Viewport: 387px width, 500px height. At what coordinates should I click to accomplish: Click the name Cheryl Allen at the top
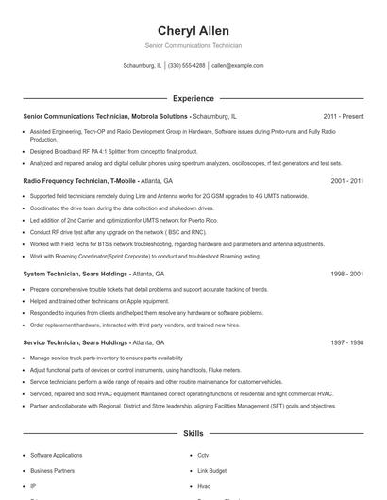pyautogui.click(x=193, y=31)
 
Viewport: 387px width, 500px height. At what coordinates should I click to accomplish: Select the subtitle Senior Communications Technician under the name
pyautogui.click(x=193, y=45)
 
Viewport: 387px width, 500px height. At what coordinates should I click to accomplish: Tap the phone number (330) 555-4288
pyautogui.click(x=186, y=66)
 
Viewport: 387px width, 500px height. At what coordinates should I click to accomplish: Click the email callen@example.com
pyautogui.click(x=237, y=66)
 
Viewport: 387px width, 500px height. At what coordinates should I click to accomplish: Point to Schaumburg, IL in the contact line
pyautogui.click(x=143, y=66)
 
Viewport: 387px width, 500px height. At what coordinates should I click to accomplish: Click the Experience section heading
pyautogui.click(x=193, y=98)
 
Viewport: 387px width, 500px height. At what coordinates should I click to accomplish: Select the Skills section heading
pyautogui.click(x=193, y=434)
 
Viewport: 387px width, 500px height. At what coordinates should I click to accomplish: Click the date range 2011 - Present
pyautogui.click(x=343, y=116)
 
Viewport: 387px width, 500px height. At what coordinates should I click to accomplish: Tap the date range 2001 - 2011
pyautogui.click(x=347, y=179)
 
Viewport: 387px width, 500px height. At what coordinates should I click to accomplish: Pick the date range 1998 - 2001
pyautogui.click(x=347, y=274)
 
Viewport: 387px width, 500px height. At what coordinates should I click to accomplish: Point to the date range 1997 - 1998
pyautogui.click(x=347, y=342)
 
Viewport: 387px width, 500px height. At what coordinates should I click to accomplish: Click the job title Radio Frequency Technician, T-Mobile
pyautogui.click(x=80, y=179)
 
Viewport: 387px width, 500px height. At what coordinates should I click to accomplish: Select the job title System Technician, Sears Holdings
pyautogui.click(x=76, y=274)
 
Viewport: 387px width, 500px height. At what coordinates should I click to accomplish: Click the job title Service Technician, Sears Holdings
pyautogui.click(x=76, y=342)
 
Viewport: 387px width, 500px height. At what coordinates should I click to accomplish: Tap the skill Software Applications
pyautogui.click(x=56, y=455)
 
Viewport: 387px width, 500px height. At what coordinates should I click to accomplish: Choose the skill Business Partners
pyautogui.click(x=52, y=470)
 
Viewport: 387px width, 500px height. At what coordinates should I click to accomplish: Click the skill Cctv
pyautogui.click(x=203, y=455)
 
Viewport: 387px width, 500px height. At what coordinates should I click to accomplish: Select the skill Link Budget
pyautogui.click(x=211, y=470)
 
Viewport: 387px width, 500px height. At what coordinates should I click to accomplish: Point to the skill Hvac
pyautogui.click(x=204, y=485)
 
